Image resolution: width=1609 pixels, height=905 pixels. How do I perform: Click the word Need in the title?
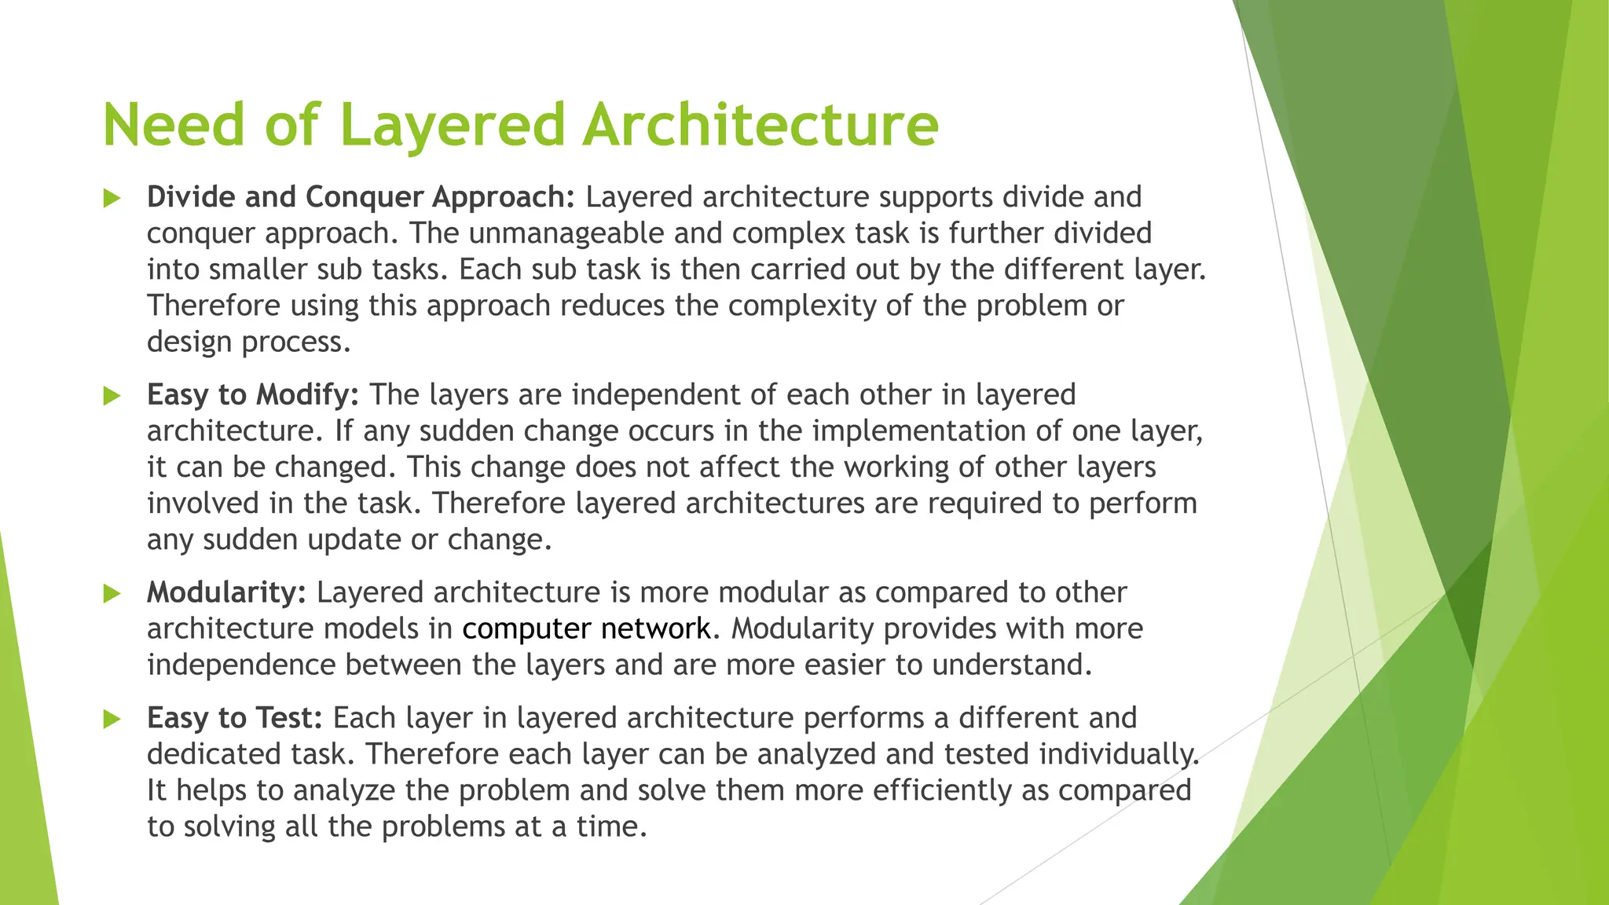[173, 125]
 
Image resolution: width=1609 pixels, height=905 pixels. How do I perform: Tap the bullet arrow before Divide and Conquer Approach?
[112, 198]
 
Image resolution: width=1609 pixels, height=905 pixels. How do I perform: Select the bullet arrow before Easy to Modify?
[112, 396]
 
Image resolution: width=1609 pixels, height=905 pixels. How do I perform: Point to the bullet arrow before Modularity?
[112, 594]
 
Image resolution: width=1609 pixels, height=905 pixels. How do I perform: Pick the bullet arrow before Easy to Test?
[112, 719]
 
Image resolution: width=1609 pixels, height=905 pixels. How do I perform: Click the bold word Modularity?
[226, 592]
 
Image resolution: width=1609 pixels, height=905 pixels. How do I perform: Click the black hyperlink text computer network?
[586, 628]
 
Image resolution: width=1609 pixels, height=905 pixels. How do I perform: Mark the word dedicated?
[214, 754]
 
